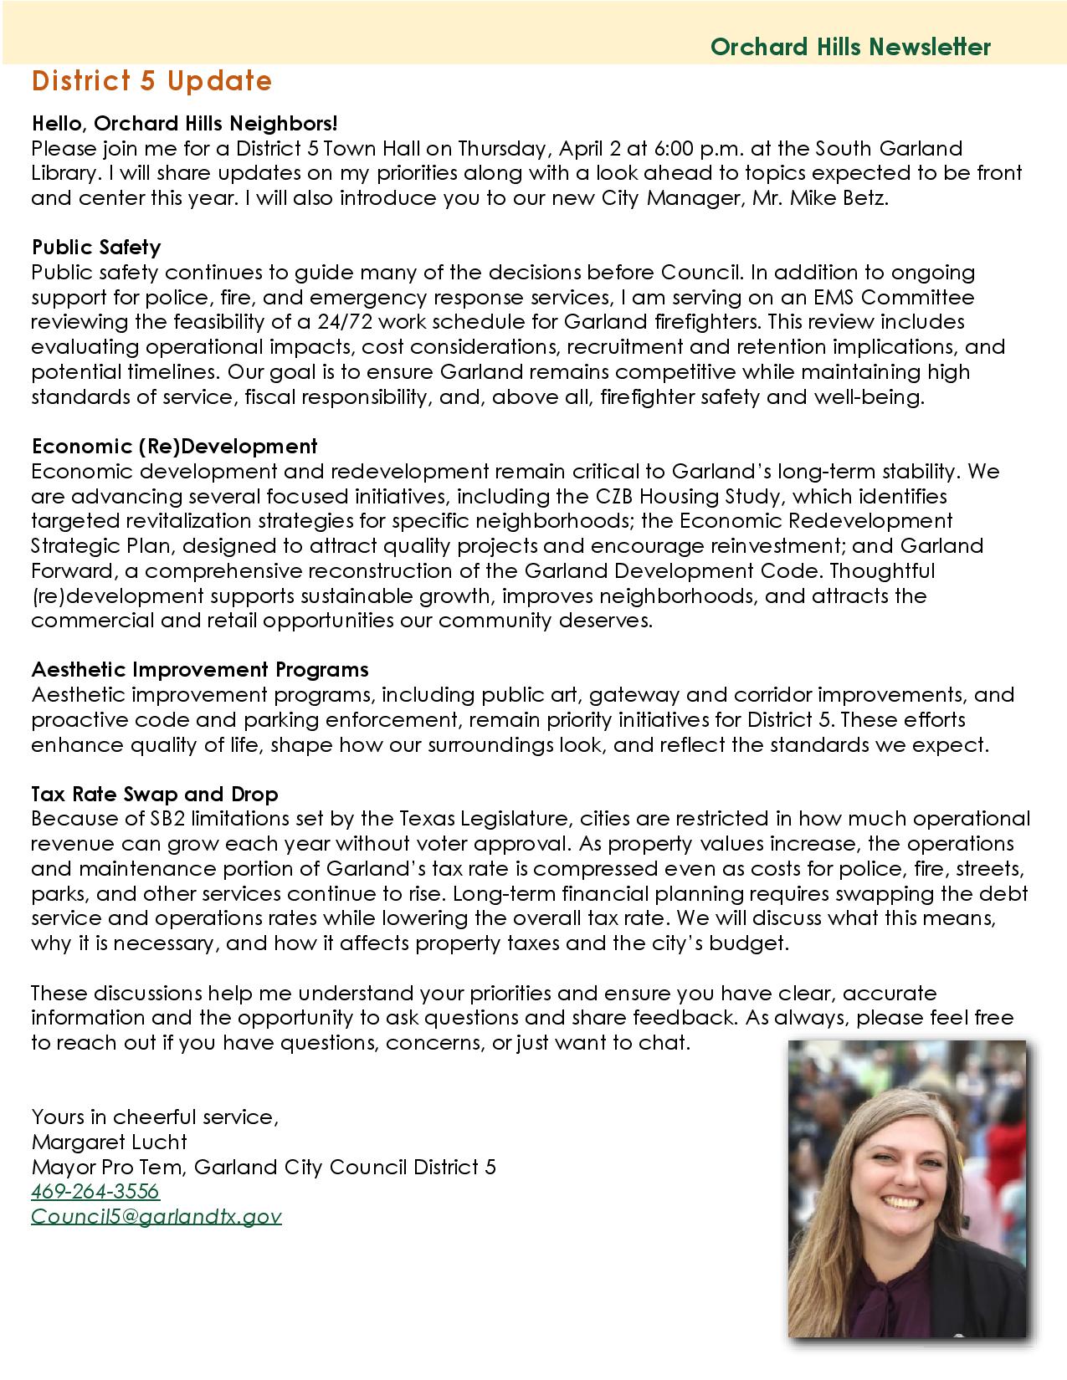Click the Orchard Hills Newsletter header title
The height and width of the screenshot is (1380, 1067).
tap(850, 47)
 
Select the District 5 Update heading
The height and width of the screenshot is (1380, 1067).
tap(151, 81)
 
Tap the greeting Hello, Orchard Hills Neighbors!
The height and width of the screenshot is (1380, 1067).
tap(184, 124)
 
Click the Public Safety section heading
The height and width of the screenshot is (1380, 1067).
tap(95, 248)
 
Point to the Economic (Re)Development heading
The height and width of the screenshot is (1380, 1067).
tap(174, 447)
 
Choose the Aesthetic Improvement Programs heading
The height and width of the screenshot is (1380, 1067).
tap(199, 670)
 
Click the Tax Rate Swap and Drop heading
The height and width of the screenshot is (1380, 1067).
tap(155, 794)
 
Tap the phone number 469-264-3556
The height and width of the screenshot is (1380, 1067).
tap(95, 1191)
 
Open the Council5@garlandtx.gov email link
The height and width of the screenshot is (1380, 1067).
tap(156, 1216)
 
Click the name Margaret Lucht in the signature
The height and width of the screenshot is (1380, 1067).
tap(109, 1142)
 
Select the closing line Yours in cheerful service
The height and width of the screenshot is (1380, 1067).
tap(154, 1117)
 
